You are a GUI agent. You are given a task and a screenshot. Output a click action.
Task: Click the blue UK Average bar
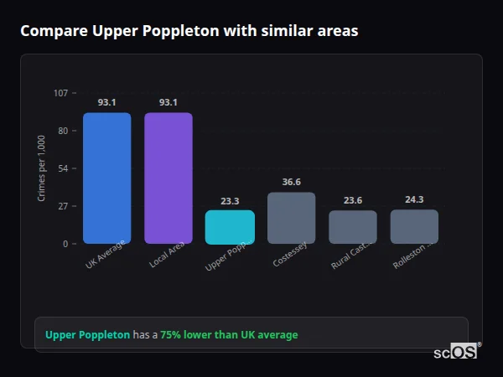106,178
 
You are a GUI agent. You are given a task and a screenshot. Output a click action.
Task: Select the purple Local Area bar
168,178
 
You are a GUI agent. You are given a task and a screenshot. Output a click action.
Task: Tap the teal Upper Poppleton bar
230,227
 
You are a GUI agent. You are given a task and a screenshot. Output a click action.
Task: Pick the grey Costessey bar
291,218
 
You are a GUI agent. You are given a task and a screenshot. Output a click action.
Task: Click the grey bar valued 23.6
352,227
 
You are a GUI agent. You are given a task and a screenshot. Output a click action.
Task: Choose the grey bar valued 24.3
414,226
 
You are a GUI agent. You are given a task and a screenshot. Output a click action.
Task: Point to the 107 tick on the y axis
60,93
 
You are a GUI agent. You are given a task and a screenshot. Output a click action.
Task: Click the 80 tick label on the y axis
62,131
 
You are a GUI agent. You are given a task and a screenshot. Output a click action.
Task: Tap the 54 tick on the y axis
62,168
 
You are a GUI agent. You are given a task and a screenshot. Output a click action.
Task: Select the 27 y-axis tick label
62,206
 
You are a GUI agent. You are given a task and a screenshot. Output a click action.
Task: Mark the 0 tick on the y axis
65,244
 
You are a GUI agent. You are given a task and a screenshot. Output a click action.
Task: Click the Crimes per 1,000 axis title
41,168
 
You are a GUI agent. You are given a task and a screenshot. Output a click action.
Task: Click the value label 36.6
291,182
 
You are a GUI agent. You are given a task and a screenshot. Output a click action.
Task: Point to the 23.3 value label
230,200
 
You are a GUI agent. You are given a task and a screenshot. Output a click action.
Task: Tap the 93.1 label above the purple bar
168,102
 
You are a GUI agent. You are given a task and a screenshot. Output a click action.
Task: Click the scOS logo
455,352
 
